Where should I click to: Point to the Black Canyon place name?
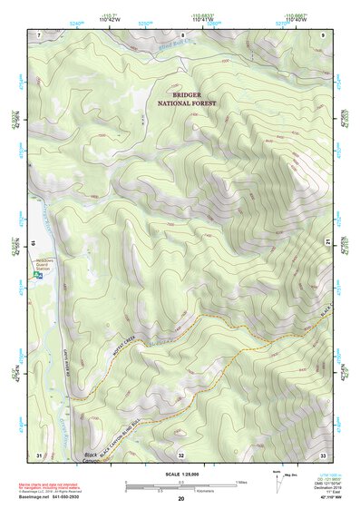coord(92,457)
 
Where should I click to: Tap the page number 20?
coord(181,500)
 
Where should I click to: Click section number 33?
coord(323,455)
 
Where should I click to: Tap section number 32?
coord(181,455)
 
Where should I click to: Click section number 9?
coord(323,34)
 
